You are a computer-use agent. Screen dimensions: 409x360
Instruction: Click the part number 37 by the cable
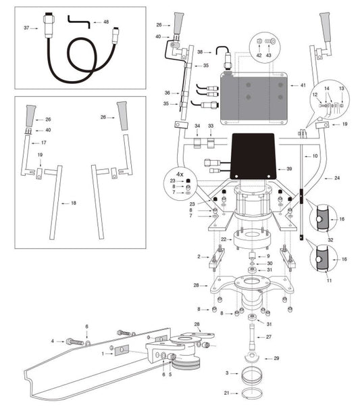(26, 28)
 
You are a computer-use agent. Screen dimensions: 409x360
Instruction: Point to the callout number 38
(201, 51)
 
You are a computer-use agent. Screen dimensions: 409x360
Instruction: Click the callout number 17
(43, 143)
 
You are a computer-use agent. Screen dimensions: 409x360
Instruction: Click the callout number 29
(276, 358)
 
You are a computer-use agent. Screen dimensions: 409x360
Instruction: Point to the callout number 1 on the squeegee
(102, 353)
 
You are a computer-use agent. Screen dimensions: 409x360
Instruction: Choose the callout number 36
(167, 93)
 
